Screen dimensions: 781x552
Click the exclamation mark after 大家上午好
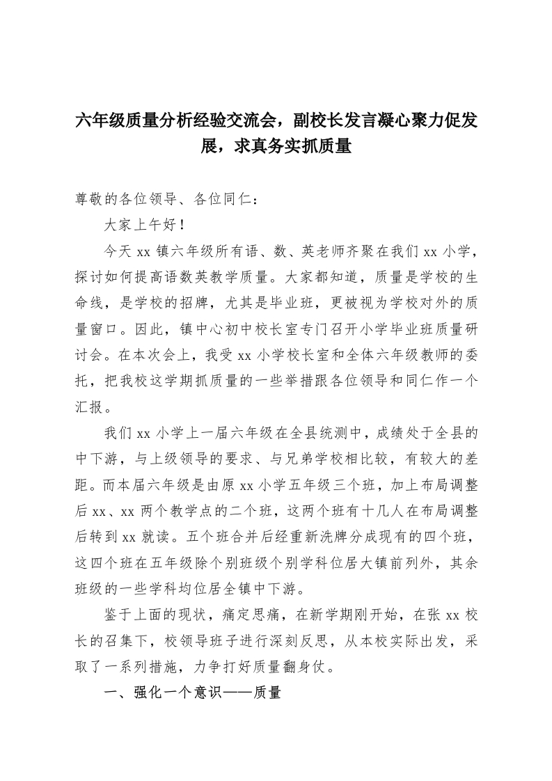click(x=182, y=226)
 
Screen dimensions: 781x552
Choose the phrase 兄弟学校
click(x=326, y=457)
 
